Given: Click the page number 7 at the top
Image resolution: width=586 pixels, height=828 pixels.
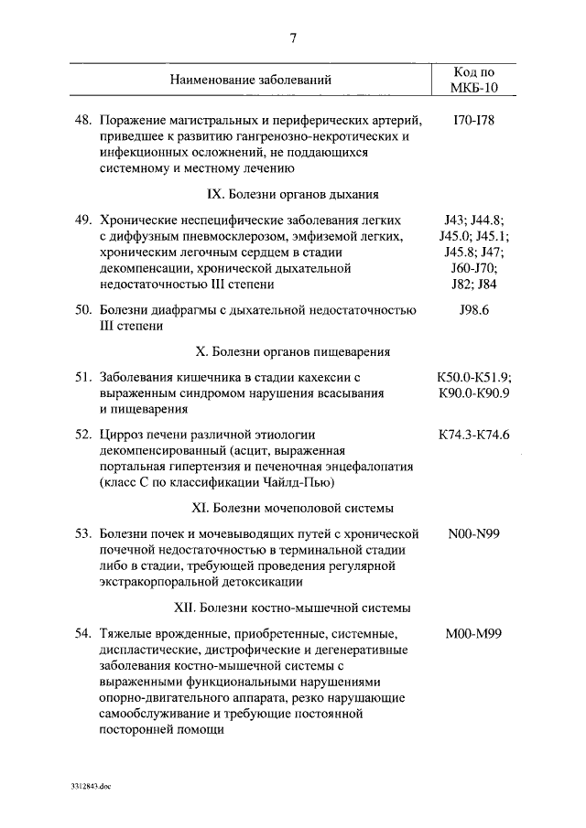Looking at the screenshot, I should pos(293,38).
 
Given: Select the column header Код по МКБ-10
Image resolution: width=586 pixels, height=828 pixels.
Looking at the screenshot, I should pos(474,80).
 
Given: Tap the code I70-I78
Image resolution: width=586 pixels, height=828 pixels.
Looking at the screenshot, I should pos(473,120).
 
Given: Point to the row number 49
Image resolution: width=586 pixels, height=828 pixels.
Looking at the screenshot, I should pos(83,220).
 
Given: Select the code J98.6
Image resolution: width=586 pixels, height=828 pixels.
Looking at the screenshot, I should pos(473,310).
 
